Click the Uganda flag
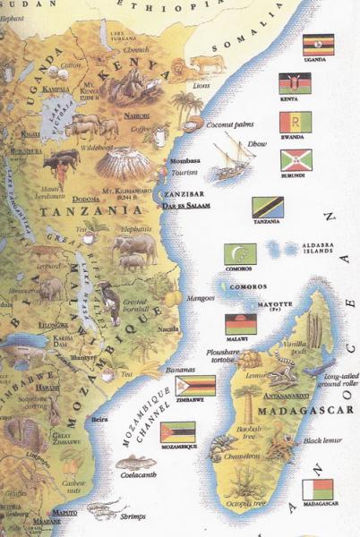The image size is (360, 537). click(319, 45)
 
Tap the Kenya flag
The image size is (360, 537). click(295, 84)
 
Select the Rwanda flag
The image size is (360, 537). click(296, 122)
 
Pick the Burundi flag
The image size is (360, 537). click(296, 160)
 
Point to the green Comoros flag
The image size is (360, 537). click(240, 254)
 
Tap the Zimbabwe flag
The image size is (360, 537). click(195, 386)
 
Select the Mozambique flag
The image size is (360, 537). click(177, 432)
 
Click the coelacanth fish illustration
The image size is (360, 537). click(135, 463)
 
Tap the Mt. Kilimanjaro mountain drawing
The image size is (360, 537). click(123, 162)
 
